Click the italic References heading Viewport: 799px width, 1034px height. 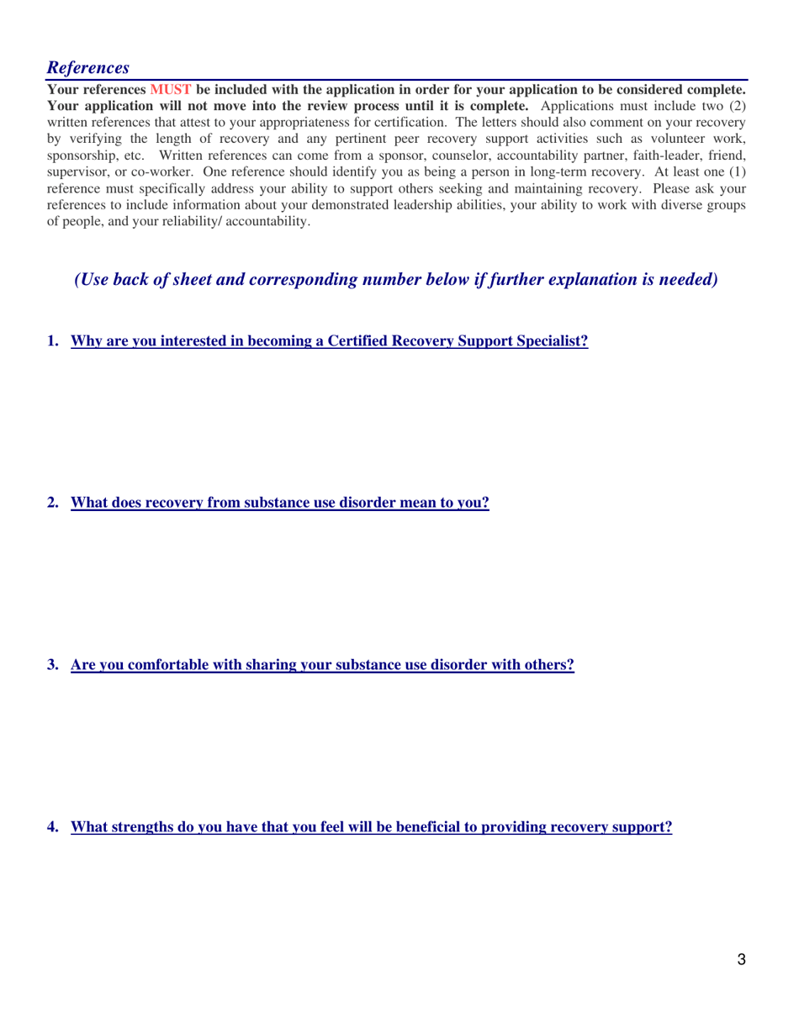87,66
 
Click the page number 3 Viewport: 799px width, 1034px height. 741,961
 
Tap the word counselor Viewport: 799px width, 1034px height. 433,156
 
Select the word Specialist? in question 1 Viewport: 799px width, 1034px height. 548,341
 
